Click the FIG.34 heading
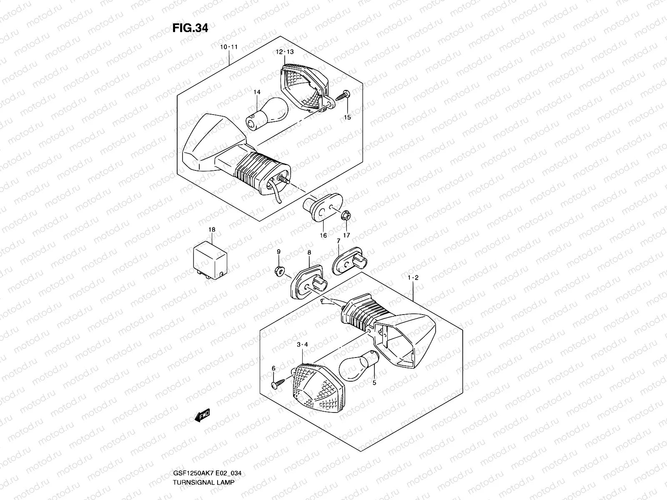(x=190, y=28)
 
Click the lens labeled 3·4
(x=318, y=385)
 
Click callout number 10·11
(x=229, y=47)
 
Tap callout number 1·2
(x=413, y=277)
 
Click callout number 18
(x=212, y=230)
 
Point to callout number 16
(x=323, y=235)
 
